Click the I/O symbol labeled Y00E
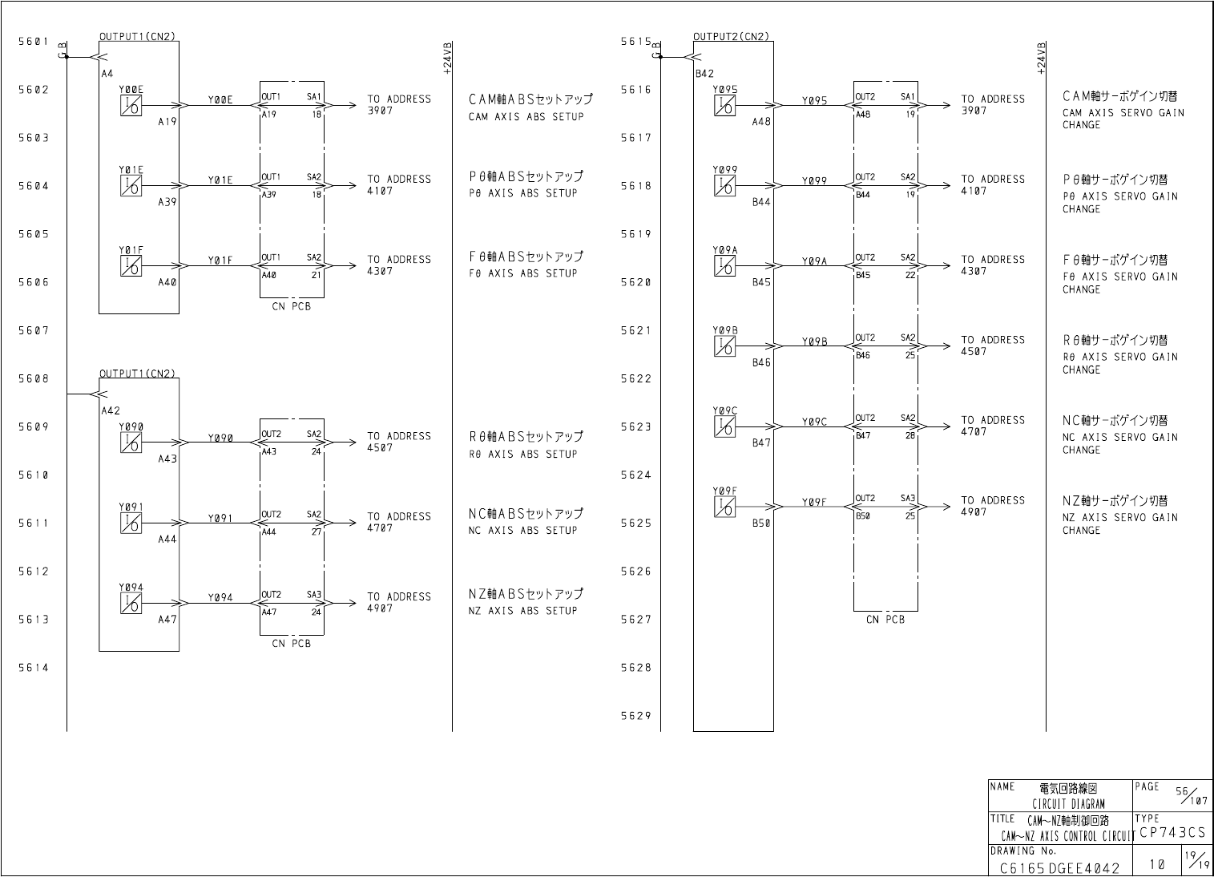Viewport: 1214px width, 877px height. point(131,106)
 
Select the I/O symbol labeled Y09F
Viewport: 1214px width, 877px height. point(724,507)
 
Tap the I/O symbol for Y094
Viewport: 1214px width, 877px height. point(131,604)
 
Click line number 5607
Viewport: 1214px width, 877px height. point(33,330)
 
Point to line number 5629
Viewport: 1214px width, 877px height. point(635,716)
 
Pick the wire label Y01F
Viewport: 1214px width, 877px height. point(220,261)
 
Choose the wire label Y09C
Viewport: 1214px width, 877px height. point(814,422)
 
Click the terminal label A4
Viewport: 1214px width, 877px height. point(107,73)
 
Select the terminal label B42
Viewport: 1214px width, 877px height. point(704,73)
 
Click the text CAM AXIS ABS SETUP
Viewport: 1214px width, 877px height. point(526,117)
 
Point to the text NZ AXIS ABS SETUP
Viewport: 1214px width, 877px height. point(522,611)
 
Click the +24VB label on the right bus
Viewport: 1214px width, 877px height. point(1041,58)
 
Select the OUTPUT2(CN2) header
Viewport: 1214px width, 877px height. point(731,36)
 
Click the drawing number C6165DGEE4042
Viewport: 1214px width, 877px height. point(1059,867)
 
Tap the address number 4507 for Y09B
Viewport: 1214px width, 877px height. point(974,352)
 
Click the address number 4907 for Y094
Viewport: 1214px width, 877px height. point(380,608)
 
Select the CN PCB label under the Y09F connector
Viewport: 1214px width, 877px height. point(885,620)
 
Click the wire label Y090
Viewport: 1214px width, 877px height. point(220,438)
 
